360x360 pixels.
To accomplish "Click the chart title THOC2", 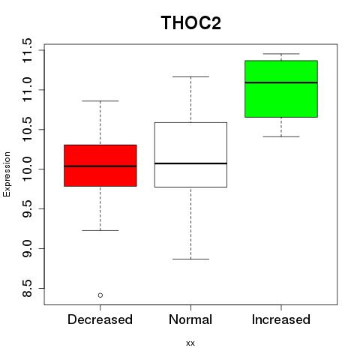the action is pyautogui.click(x=191, y=22).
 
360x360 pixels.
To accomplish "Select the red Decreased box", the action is pyautogui.click(x=100, y=166).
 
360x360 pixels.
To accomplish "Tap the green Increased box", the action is pyautogui.click(x=281, y=88).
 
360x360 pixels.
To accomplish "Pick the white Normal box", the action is pyautogui.click(x=190, y=154).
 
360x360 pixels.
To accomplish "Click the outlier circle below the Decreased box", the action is pyautogui.click(x=100, y=295).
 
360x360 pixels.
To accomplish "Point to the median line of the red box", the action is pyautogui.click(x=100, y=166).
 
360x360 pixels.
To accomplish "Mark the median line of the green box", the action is pyautogui.click(x=281, y=82).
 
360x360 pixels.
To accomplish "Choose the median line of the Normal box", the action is pyautogui.click(x=190, y=163).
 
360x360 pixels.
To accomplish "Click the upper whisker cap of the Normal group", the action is pyautogui.click(x=190, y=76).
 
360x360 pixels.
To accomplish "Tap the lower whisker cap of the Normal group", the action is pyautogui.click(x=190, y=259).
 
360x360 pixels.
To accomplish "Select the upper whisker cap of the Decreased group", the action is pyautogui.click(x=100, y=101).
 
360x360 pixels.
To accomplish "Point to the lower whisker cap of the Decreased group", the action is pyautogui.click(x=100, y=230).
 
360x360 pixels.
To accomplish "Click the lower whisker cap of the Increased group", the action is pyautogui.click(x=281, y=136).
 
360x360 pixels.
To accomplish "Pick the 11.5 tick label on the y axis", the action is pyautogui.click(x=27, y=50).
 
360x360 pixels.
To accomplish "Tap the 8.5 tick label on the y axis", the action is pyautogui.click(x=27, y=288).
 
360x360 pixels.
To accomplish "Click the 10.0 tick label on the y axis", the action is pyautogui.click(x=27, y=169).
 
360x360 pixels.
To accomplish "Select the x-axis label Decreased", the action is pyautogui.click(x=100, y=319).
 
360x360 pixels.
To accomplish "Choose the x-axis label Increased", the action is pyautogui.click(x=281, y=319).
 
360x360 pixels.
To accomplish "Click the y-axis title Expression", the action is pyautogui.click(x=7, y=174).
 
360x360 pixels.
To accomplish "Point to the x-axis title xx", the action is pyautogui.click(x=190, y=343).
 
